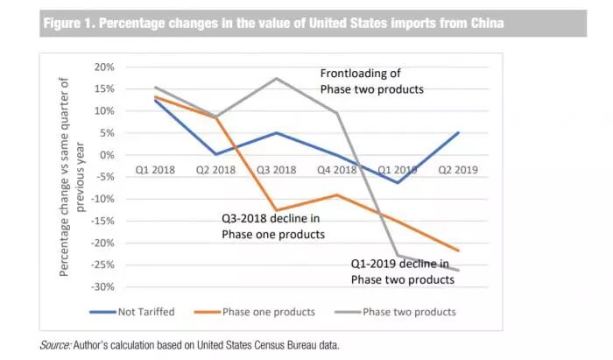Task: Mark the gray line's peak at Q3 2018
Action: point(278,78)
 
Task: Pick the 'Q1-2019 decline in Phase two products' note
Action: point(399,271)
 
